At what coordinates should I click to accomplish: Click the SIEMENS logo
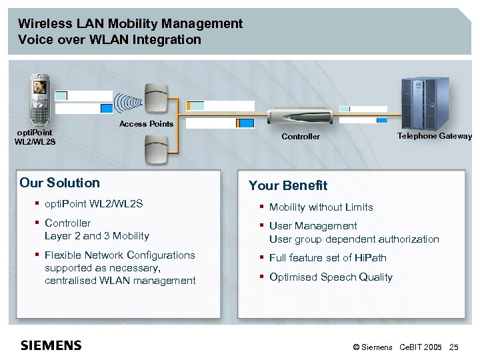(x=51, y=345)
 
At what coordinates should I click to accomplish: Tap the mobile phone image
(x=41, y=101)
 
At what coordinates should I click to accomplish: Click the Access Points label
(x=146, y=124)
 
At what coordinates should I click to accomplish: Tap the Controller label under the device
(x=301, y=137)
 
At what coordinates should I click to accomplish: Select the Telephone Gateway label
(x=435, y=136)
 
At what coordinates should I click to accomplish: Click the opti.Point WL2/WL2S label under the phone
(x=35, y=137)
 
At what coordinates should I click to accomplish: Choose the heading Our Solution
(x=59, y=183)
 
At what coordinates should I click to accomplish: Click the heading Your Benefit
(x=288, y=185)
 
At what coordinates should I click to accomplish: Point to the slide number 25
(x=454, y=347)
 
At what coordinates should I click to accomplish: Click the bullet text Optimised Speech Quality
(x=331, y=277)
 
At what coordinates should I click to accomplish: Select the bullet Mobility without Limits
(x=321, y=207)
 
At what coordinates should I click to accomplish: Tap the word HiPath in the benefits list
(x=371, y=258)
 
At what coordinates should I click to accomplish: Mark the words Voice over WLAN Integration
(x=109, y=39)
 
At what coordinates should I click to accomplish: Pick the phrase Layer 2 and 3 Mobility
(x=97, y=236)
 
